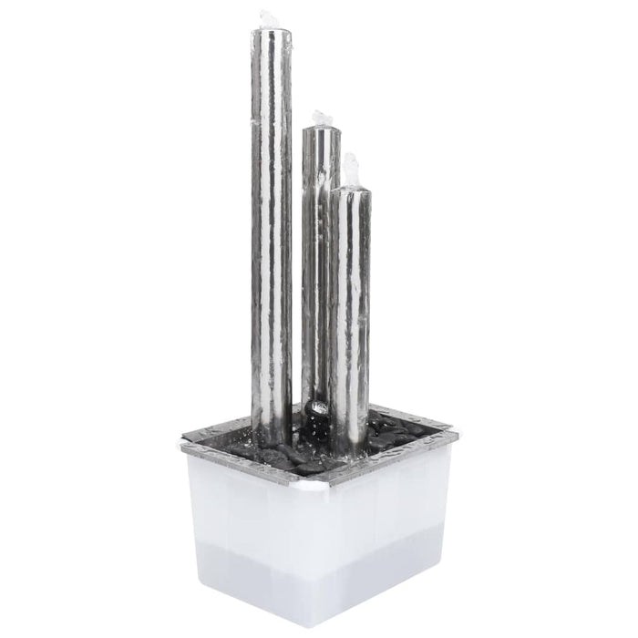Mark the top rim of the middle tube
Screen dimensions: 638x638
[x=321, y=131]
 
